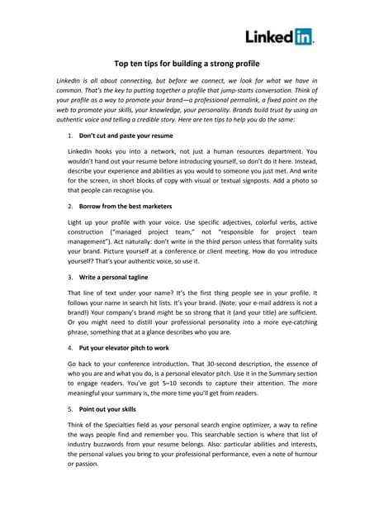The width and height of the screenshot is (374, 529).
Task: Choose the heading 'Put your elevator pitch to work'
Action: (x=125, y=348)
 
